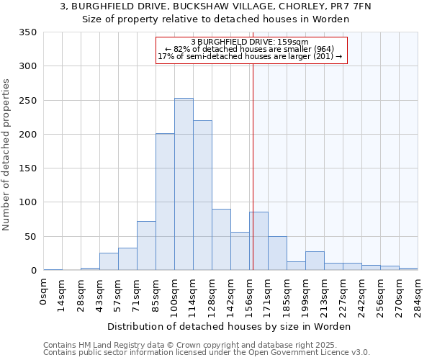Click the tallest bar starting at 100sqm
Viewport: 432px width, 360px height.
coord(184,184)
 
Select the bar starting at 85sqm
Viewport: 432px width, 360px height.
coord(165,202)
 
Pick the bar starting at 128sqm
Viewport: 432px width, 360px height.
coord(221,240)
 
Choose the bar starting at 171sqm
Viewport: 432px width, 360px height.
coord(277,253)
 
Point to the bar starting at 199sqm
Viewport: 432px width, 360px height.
coord(315,261)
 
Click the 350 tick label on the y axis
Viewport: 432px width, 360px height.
coord(27,32)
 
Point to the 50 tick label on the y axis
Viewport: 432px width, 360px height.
coord(30,237)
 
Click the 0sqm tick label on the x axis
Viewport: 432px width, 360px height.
coord(44,292)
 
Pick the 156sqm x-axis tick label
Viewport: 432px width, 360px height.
coord(250,294)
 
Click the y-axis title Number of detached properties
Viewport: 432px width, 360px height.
coord(6,155)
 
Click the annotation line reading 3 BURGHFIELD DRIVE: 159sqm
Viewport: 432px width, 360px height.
coord(250,42)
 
